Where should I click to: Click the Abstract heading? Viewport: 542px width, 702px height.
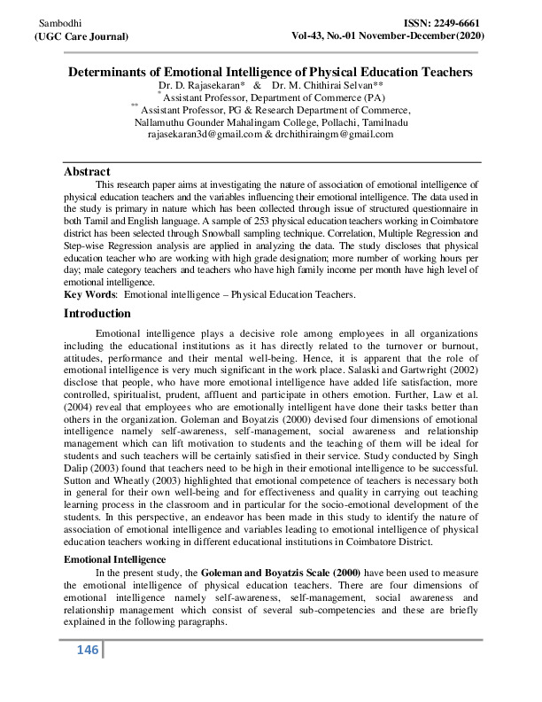87,171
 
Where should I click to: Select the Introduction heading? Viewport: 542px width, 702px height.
98,313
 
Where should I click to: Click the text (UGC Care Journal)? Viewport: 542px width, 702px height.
81,35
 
